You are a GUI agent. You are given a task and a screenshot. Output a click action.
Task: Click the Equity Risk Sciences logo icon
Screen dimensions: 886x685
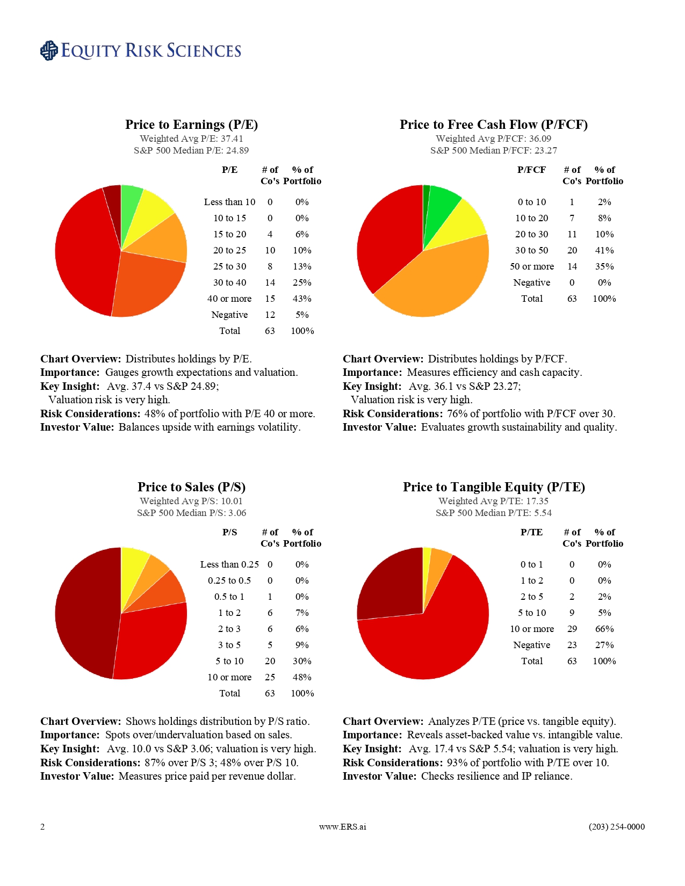(x=49, y=50)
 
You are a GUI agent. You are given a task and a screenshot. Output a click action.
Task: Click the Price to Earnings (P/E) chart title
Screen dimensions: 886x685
(x=191, y=125)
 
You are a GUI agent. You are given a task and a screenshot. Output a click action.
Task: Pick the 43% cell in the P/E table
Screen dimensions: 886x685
(x=302, y=299)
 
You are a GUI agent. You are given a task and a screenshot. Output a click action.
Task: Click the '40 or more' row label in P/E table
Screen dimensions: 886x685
(x=229, y=299)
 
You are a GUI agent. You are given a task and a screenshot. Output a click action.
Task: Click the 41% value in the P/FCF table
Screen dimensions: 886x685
(x=604, y=250)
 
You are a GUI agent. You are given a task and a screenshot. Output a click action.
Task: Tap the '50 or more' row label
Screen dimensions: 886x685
(x=531, y=266)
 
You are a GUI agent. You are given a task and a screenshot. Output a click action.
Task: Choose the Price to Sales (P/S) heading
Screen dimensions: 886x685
(x=191, y=487)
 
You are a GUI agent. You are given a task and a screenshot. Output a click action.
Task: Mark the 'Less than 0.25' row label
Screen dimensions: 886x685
(x=229, y=564)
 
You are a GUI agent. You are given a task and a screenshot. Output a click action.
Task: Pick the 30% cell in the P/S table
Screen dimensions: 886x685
(x=302, y=661)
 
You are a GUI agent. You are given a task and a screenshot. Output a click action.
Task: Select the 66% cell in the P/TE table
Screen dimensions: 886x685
(x=604, y=629)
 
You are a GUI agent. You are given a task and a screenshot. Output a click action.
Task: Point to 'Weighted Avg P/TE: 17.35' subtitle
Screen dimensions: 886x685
(x=493, y=501)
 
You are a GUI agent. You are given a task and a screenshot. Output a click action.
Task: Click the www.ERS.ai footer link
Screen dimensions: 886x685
(x=342, y=827)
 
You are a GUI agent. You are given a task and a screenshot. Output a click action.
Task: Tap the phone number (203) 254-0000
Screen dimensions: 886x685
(x=616, y=827)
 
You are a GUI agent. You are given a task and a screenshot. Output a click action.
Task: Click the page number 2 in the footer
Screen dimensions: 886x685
(x=42, y=827)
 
